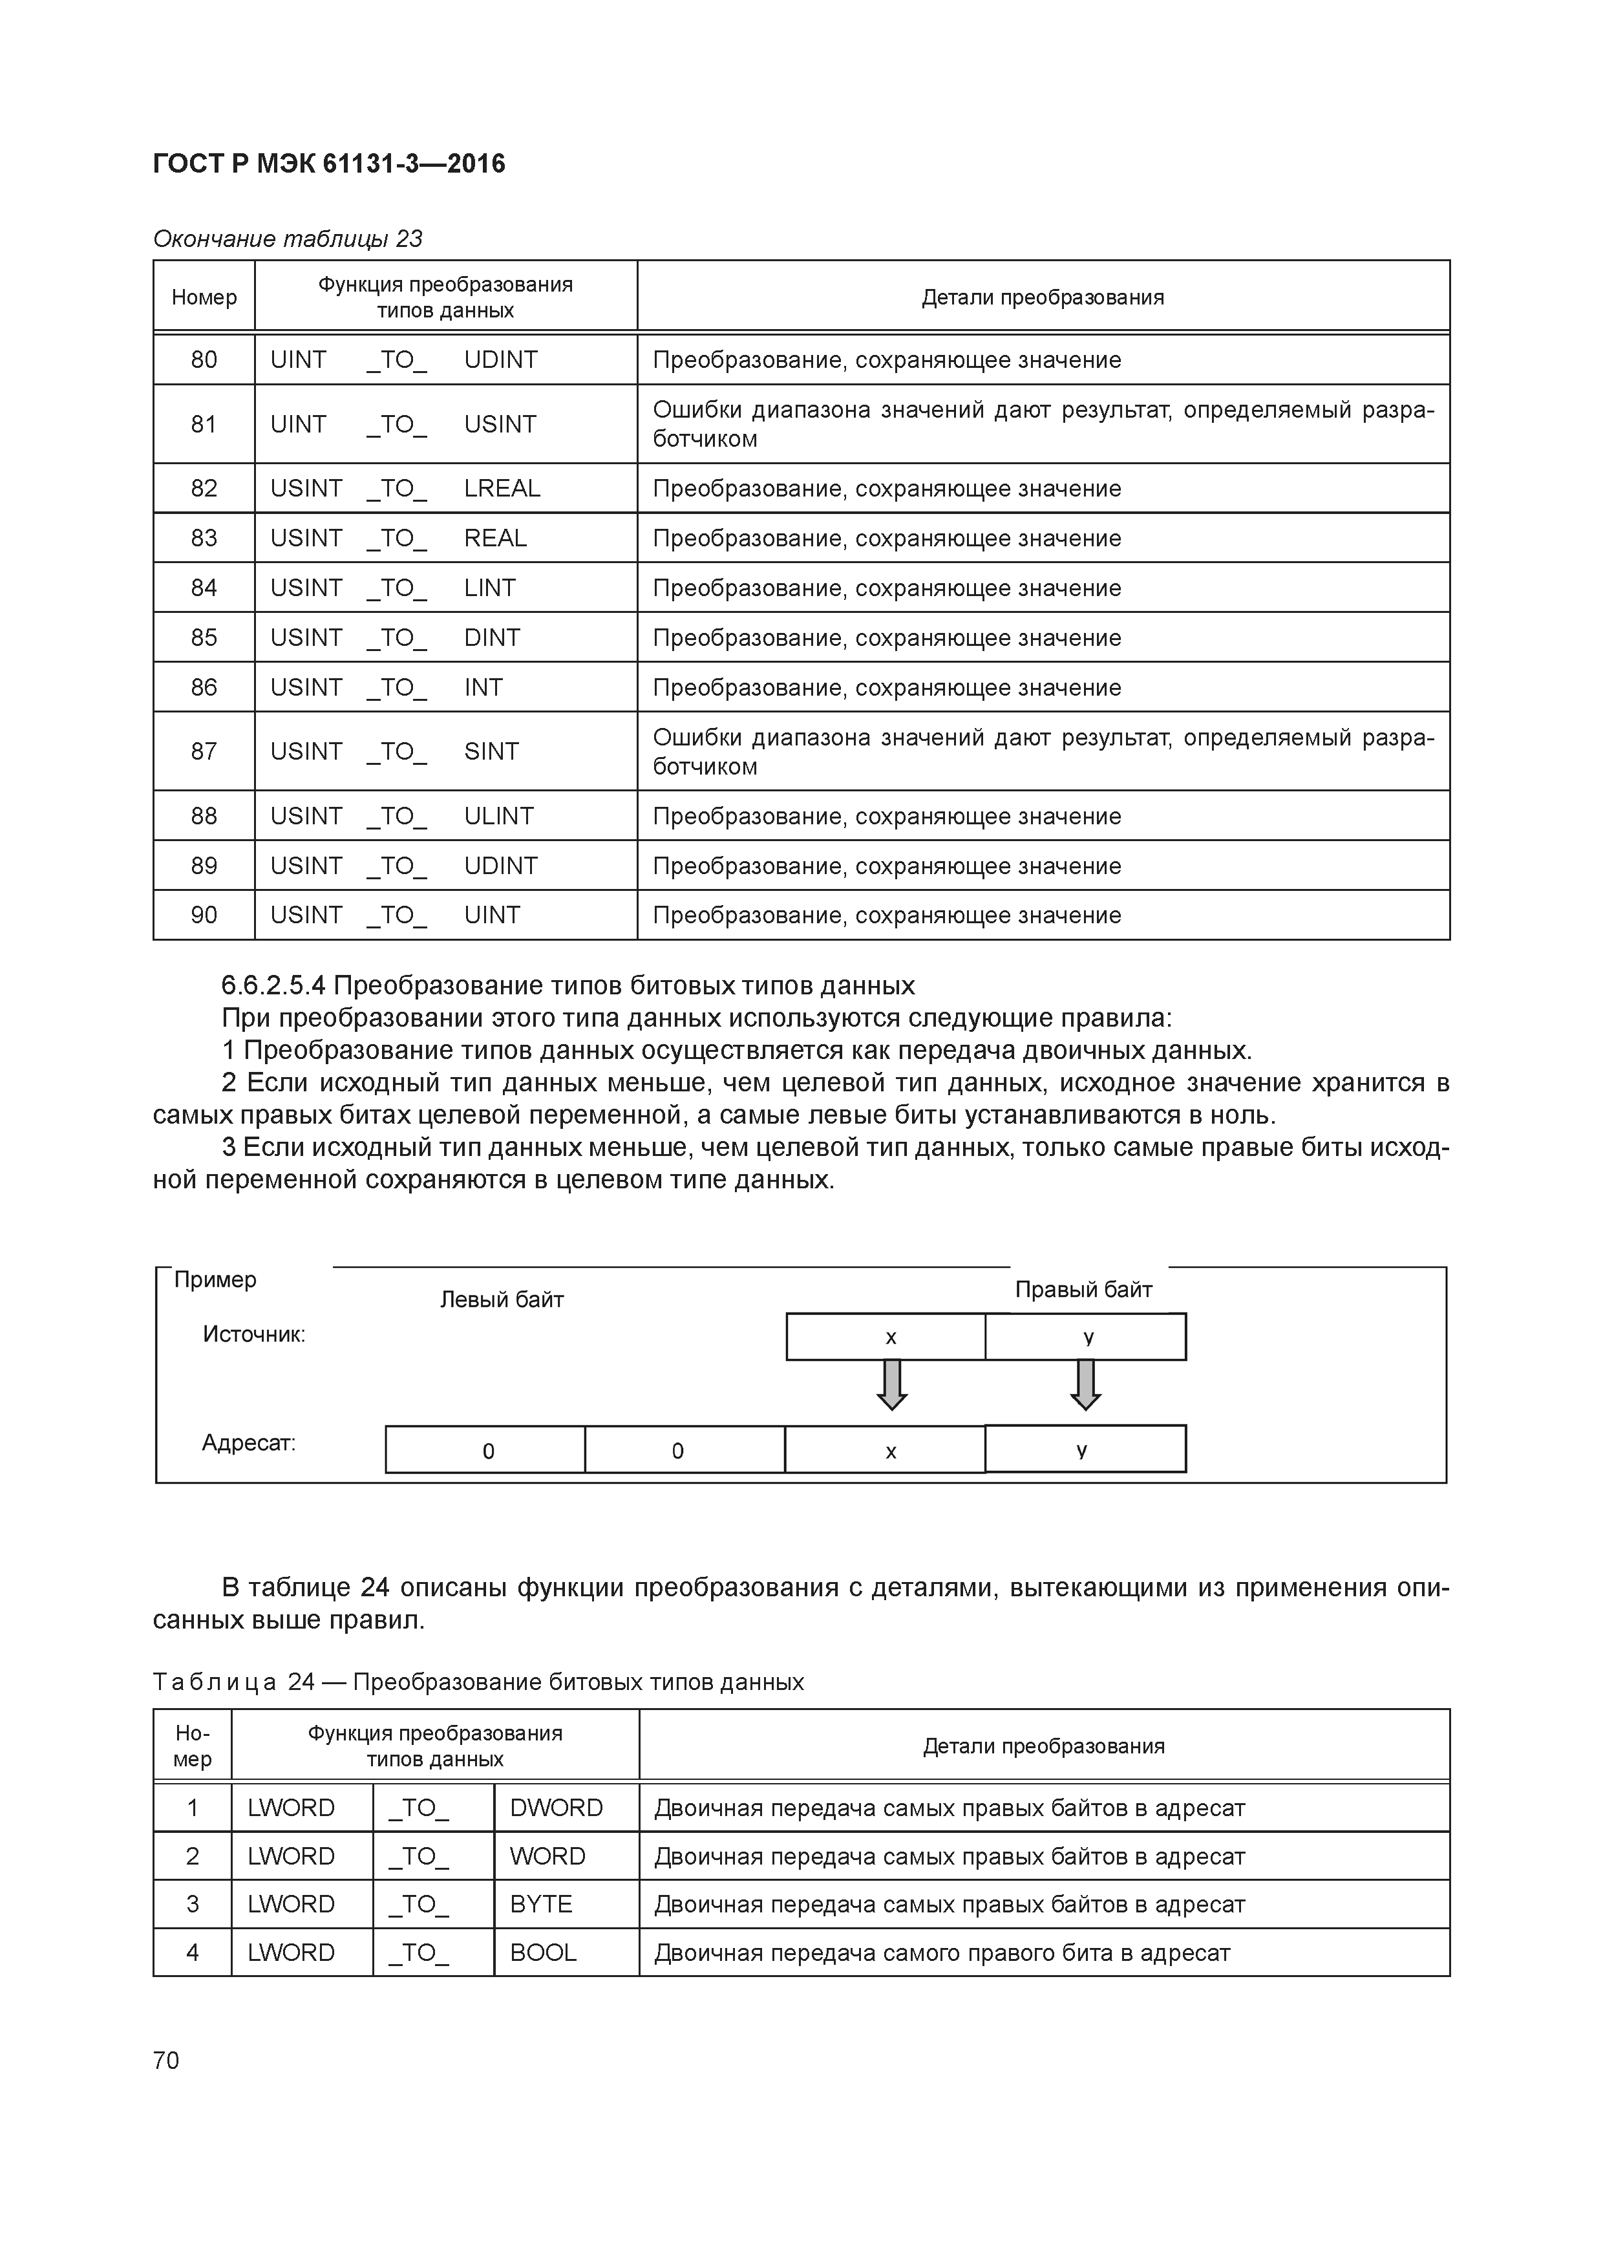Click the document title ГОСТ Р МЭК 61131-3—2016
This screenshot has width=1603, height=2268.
(x=329, y=164)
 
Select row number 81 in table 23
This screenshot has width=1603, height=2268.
(x=204, y=423)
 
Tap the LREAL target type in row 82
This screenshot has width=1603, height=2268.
(x=502, y=488)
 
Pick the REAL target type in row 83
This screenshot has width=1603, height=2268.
(x=495, y=539)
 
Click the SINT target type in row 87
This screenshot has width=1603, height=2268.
(x=491, y=752)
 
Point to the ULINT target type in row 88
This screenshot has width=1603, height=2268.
(x=499, y=816)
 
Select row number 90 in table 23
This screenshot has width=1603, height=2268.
(x=204, y=915)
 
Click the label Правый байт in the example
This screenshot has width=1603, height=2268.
(x=1083, y=1290)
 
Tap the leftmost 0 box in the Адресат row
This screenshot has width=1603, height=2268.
(x=486, y=1450)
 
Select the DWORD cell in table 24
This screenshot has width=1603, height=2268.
(x=556, y=1808)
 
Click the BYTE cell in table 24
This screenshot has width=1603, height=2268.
(x=540, y=1903)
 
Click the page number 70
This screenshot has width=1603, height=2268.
(x=166, y=2060)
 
